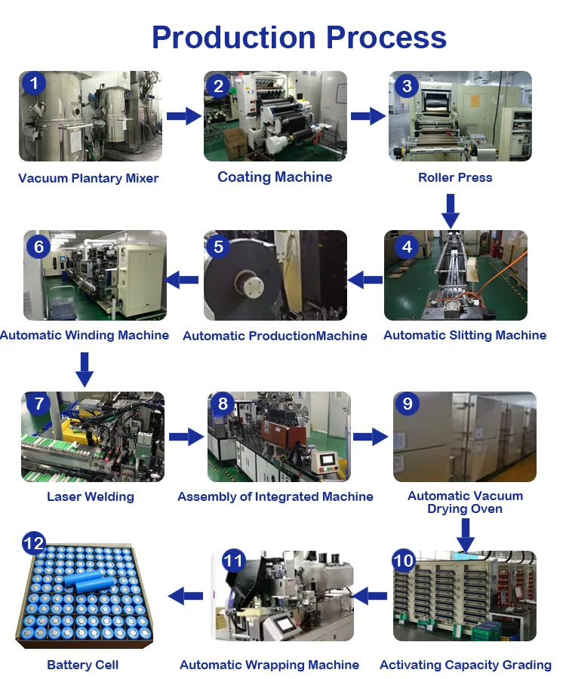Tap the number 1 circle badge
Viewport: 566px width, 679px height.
click(x=33, y=83)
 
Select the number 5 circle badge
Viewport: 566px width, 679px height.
click(x=218, y=246)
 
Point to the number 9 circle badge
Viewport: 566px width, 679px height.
click(x=408, y=404)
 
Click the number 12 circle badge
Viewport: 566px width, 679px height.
click(x=34, y=543)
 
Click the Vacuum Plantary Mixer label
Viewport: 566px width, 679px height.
click(x=88, y=179)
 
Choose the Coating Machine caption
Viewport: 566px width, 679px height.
click(x=275, y=177)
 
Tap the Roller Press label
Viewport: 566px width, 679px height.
click(x=455, y=178)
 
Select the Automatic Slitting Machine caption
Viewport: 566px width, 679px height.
click(x=465, y=335)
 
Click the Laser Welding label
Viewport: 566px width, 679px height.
click(x=91, y=496)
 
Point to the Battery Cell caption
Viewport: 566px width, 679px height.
click(x=83, y=665)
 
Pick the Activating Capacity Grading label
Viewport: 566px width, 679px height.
click(x=466, y=665)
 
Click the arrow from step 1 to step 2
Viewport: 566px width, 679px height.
click(x=184, y=116)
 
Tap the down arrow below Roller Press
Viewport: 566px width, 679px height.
click(x=451, y=210)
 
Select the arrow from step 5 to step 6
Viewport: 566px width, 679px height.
click(x=182, y=280)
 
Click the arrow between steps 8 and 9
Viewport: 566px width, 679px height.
click(x=370, y=436)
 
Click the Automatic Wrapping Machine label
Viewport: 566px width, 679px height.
click(x=269, y=665)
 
